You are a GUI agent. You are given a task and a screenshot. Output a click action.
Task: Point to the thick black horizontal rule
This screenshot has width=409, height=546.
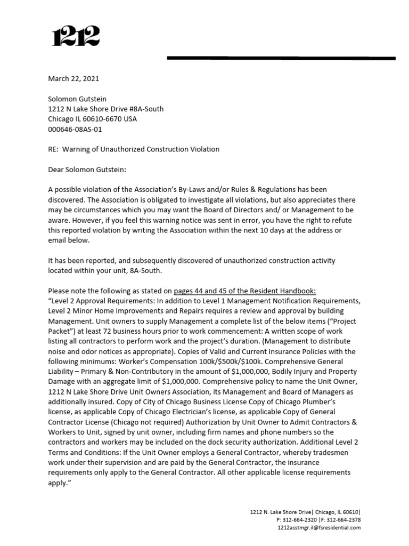point(281,58)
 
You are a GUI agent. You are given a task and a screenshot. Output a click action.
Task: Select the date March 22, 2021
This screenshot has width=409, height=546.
point(73,78)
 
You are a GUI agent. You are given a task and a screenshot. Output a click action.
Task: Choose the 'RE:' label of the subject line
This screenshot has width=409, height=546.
point(53,149)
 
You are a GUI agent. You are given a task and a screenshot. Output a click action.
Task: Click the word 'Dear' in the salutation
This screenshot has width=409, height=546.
point(57,170)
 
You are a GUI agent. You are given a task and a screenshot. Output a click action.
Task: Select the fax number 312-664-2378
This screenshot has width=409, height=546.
point(344,519)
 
